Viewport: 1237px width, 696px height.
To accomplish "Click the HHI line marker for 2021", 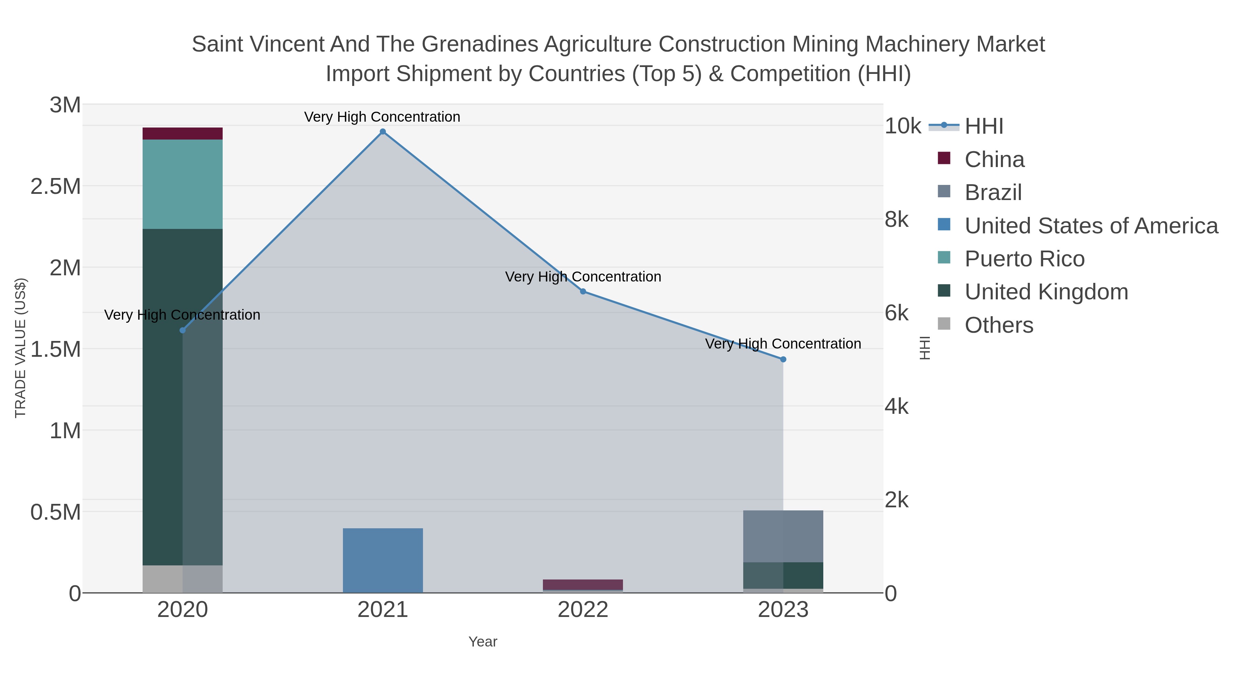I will click(383, 132).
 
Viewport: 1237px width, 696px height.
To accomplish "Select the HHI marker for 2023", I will click(783, 359).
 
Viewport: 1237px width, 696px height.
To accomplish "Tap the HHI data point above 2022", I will click(583, 291).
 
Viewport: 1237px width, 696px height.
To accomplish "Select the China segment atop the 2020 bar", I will click(182, 134).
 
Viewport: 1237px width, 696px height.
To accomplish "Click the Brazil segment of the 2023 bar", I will click(783, 536).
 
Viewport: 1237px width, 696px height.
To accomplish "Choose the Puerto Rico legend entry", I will click(1024, 259).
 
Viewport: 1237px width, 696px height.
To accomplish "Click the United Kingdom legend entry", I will click(1046, 292).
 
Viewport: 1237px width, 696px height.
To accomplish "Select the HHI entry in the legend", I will click(983, 126).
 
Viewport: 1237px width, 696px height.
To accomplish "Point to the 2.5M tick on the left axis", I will click(56, 186).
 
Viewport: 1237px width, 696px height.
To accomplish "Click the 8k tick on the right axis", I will click(896, 220).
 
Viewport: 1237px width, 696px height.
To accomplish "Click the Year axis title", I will click(483, 642).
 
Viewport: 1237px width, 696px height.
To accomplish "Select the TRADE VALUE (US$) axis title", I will click(20, 348).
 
